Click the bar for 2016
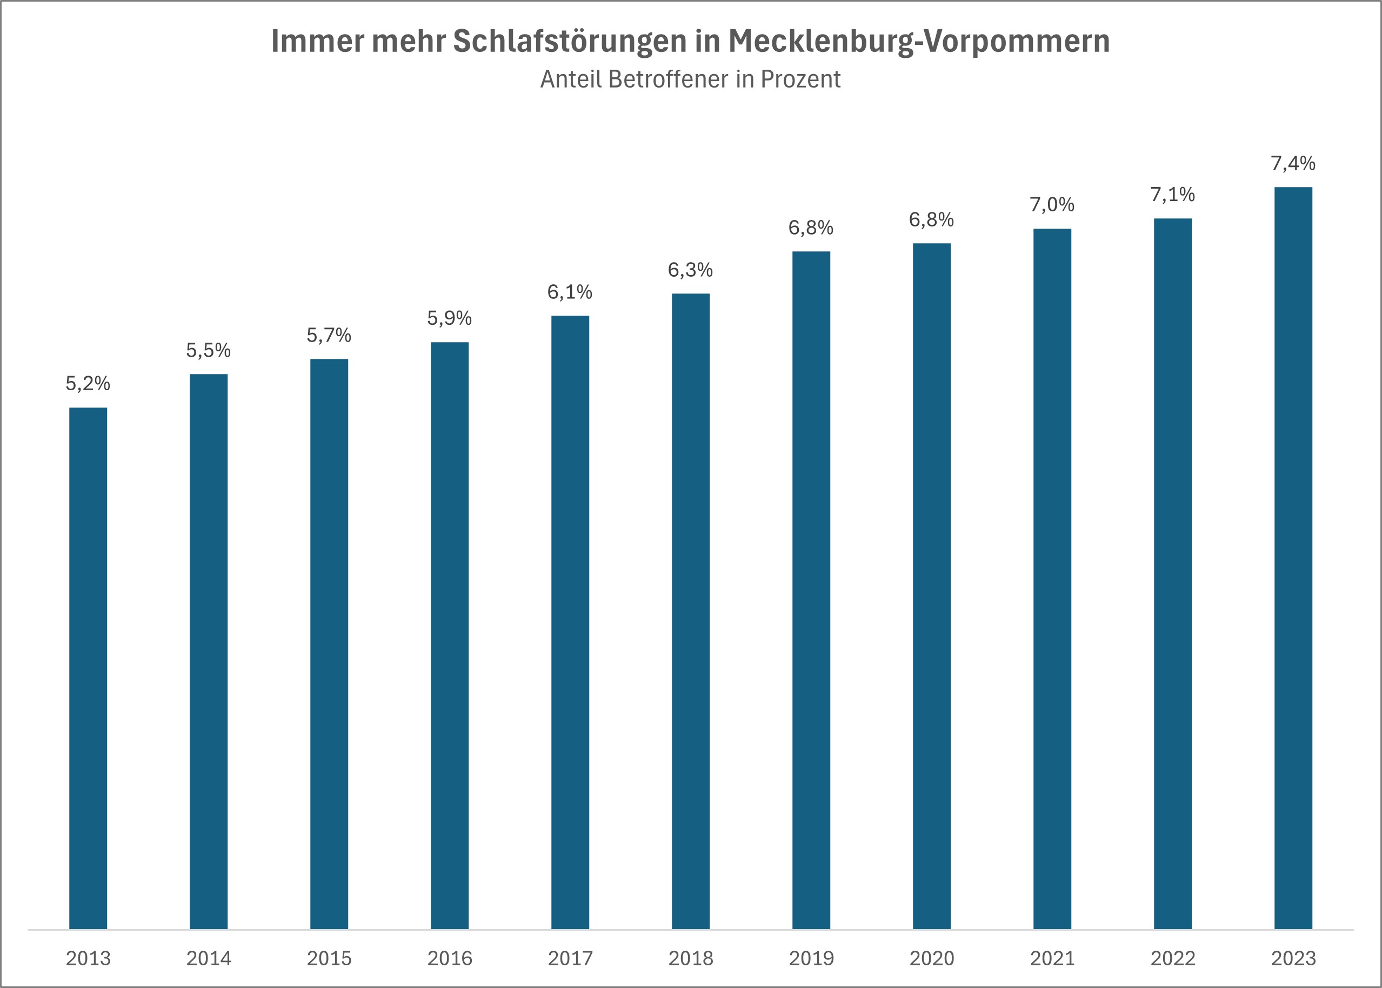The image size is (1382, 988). coord(450,635)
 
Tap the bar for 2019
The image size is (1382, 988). coord(811,590)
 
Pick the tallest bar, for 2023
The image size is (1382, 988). coord(1293,558)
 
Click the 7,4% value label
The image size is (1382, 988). coord(1293,163)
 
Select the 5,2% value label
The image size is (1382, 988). coord(88,383)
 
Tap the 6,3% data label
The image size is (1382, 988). coord(690,270)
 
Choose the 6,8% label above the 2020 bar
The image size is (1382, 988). coord(931,219)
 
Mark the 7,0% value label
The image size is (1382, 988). coord(1052,204)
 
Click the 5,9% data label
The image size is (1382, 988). coord(450,318)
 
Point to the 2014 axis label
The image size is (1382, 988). coord(209,959)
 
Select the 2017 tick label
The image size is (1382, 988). coord(570,959)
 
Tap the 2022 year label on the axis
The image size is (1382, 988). coord(1173,959)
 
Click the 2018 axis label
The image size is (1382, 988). coord(690,959)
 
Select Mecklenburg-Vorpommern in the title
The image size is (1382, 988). coord(919,42)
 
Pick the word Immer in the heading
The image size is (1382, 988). coord(317,42)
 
